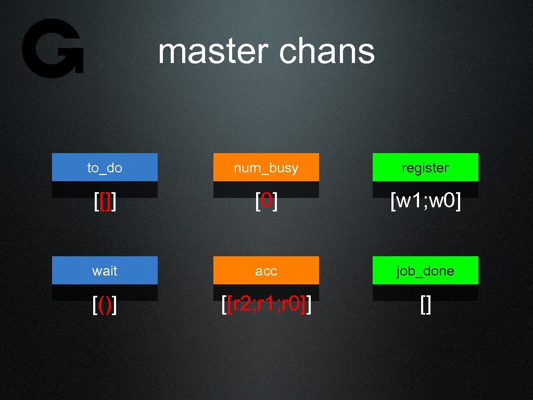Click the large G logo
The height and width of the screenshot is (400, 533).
tap(52, 48)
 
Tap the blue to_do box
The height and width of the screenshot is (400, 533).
tap(105, 167)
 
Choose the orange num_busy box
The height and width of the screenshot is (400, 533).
tap(266, 167)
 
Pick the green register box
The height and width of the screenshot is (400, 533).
tap(425, 167)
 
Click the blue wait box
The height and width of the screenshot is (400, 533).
tap(105, 270)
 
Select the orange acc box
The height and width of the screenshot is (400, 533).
tap(266, 270)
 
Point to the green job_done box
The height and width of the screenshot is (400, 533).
tap(425, 270)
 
